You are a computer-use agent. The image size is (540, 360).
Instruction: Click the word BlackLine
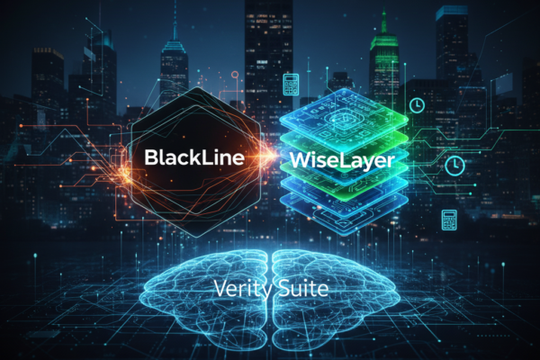(x=194, y=157)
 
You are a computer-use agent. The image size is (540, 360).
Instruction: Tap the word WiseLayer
(x=342, y=160)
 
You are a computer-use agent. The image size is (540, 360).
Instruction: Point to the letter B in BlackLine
(x=151, y=157)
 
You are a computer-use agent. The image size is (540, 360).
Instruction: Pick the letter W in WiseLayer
(x=301, y=159)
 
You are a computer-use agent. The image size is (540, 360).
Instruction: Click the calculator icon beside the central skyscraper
(x=291, y=84)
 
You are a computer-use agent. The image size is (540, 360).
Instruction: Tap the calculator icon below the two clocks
(x=449, y=220)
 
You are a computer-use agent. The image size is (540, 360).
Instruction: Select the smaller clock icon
(x=417, y=104)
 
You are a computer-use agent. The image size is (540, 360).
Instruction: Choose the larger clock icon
(x=454, y=166)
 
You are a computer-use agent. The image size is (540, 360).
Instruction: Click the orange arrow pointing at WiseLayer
(x=267, y=156)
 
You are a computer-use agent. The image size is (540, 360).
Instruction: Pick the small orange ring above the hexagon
(x=235, y=75)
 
